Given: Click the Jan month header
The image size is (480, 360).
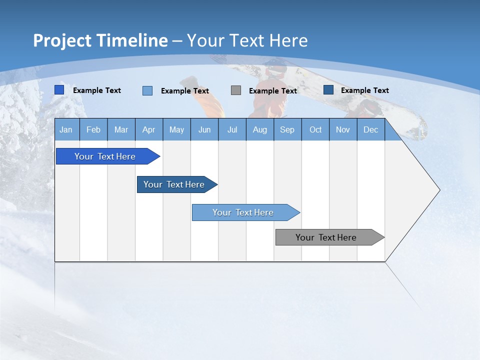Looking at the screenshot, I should point(66,129).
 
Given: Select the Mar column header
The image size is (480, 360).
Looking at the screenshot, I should point(121,129).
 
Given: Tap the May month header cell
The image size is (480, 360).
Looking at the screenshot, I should point(176,129).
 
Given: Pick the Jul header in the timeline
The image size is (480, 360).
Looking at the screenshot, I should point(232,129).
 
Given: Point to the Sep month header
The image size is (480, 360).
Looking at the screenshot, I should point(287,129).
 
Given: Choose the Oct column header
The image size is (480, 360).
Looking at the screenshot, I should point(315,129).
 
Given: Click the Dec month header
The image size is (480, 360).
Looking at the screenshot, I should point(370,129).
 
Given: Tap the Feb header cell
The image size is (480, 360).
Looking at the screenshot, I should point(93,129).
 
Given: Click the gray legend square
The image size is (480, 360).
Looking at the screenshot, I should point(236,90).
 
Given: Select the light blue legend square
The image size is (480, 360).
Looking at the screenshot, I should point(147,90).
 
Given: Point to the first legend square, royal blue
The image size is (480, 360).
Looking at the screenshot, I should point(59,90).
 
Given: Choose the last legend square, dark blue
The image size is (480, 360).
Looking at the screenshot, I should point(328,90).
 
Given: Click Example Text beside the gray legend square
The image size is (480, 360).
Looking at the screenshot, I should point(273,91).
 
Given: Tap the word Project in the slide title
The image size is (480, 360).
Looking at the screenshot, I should point(62,40).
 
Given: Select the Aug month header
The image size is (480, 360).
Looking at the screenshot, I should point(259,129).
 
